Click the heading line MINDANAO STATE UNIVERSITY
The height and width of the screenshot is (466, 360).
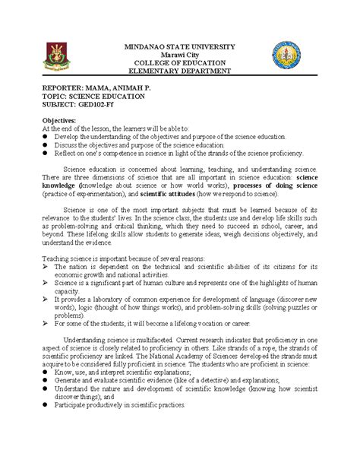point(180,46)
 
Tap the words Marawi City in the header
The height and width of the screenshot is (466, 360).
point(180,55)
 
